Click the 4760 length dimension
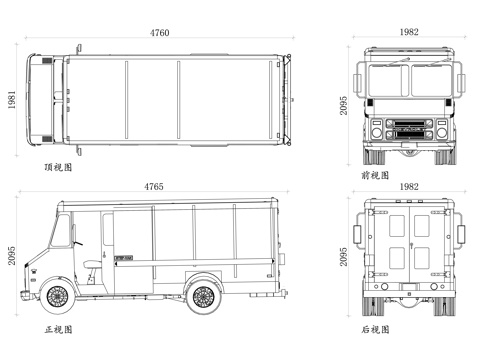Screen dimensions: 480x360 pos(159,33)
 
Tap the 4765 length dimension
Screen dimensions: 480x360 pos(154,187)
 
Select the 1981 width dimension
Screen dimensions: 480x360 pos(12,99)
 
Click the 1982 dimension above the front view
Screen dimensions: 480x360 pos(409,32)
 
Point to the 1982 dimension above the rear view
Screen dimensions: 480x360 pos(409,187)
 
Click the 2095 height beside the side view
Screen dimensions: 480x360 pos(12,256)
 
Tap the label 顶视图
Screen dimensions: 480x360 pos(58,167)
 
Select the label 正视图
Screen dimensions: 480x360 pos(58,330)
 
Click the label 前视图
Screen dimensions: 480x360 pos(375,175)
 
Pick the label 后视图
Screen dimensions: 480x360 pos(375,330)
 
